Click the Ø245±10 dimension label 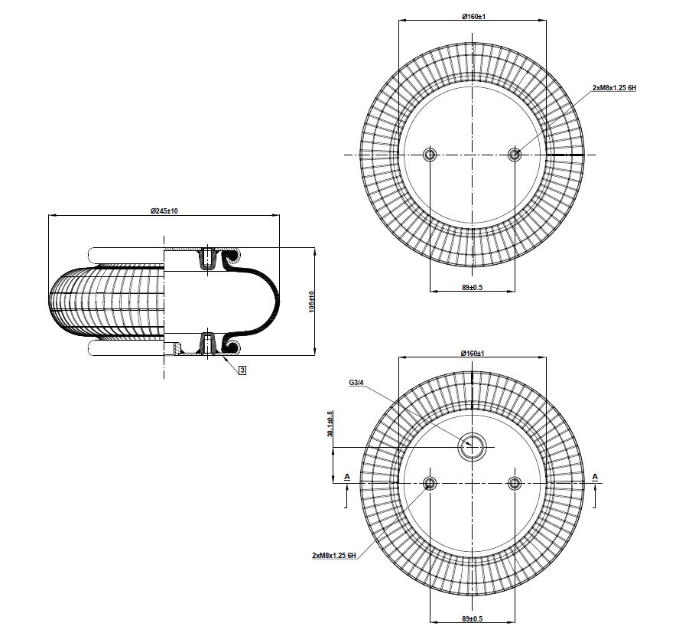click(164, 211)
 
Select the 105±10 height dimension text click(312, 302)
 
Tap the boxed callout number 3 click(242, 370)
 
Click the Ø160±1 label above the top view click(473, 17)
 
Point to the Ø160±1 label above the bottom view click(473, 354)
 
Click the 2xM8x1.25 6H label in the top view click(614, 87)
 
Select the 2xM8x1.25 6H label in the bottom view click(334, 555)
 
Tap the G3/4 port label click(356, 383)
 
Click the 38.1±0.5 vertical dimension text click(330, 423)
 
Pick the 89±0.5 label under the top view click(473, 287)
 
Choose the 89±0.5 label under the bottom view click(473, 618)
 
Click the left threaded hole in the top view click(430, 155)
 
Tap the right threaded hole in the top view click(515, 155)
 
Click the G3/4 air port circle click(472, 446)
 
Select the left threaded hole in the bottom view click(430, 482)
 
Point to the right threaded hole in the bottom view click(515, 482)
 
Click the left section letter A click(347, 477)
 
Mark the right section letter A click(595, 477)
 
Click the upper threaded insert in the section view click(207, 259)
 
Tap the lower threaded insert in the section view click(207, 344)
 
